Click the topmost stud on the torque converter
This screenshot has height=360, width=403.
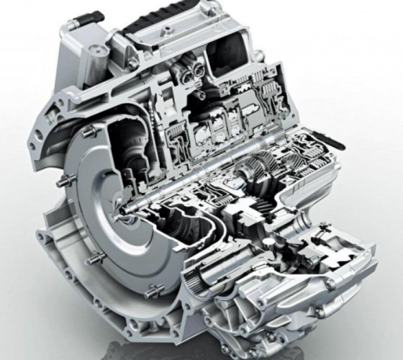89,131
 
